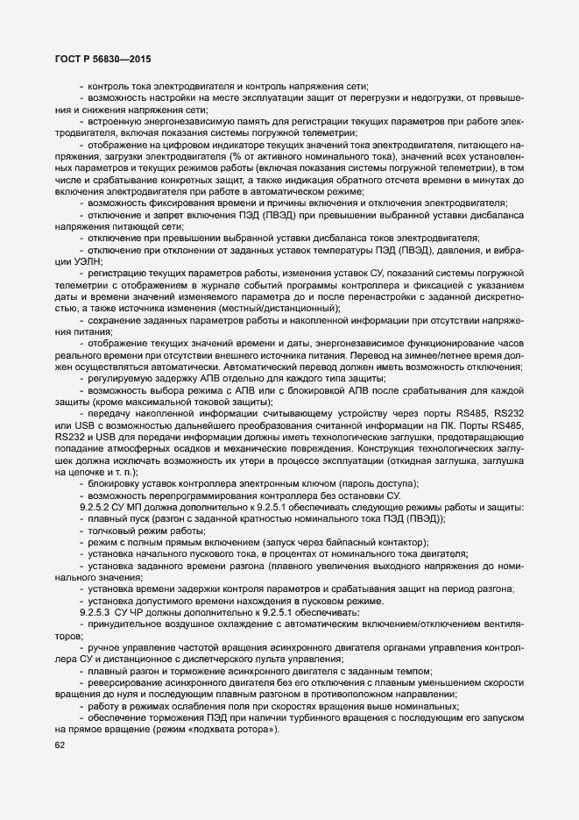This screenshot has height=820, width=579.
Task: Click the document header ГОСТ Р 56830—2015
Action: (x=102, y=59)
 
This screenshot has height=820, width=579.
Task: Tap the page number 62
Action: (x=60, y=746)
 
